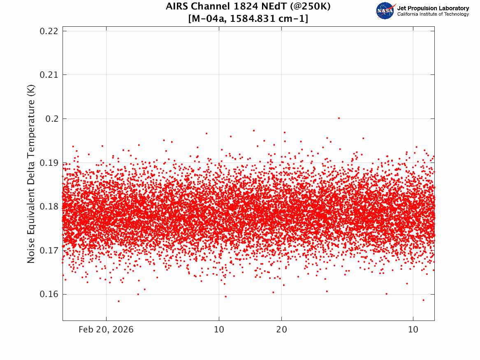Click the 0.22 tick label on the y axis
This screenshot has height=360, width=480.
point(49,31)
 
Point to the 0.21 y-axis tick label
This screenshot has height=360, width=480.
point(49,75)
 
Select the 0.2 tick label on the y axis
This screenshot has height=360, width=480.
point(52,119)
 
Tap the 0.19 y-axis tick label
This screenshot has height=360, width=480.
point(49,163)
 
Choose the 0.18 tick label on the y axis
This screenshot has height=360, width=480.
point(49,207)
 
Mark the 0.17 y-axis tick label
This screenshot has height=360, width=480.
point(49,251)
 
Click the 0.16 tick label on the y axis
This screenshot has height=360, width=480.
point(49,295)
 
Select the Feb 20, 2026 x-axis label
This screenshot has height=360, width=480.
point(106,330)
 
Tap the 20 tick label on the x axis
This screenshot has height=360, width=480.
point(282,330)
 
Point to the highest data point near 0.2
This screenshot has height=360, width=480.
point(339,118)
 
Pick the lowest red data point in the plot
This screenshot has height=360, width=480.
point(119,301)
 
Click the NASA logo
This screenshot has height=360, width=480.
point(385,11)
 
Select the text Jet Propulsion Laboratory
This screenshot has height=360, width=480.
point(433,8)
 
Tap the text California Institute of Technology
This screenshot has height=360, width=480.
point(433,14)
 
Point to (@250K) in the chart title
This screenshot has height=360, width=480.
point(310,7)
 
